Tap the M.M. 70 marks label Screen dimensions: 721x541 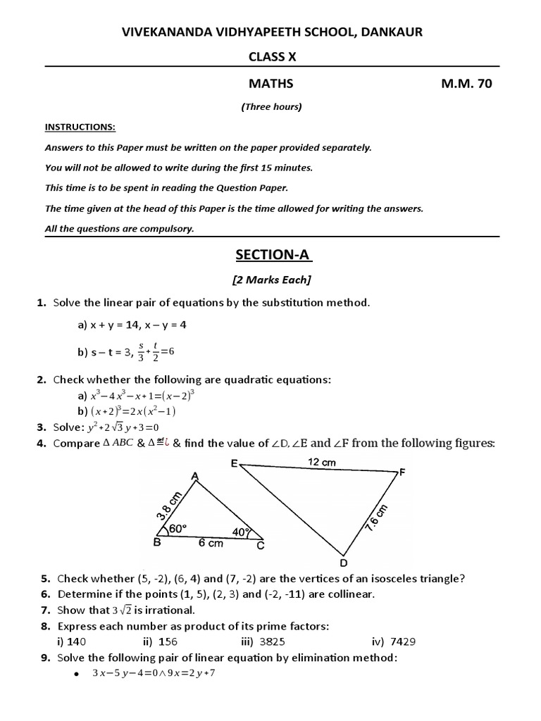click(466, 84)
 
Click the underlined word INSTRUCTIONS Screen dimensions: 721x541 click(80, 127)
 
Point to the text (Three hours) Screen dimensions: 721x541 click(270, 107)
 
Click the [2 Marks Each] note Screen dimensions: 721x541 click(271, 280)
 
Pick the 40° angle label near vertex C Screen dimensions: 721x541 click(241, 532)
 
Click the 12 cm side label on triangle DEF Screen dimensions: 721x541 click(322, 463)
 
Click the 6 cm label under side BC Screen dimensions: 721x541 click(210, 544)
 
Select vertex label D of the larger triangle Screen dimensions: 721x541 click(344, 562)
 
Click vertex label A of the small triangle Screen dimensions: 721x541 click(195, 477)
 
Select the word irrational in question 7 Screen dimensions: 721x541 click(166, 610)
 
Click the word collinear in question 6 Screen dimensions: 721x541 click(349, 594)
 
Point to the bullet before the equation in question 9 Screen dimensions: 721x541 click(74, 674)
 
